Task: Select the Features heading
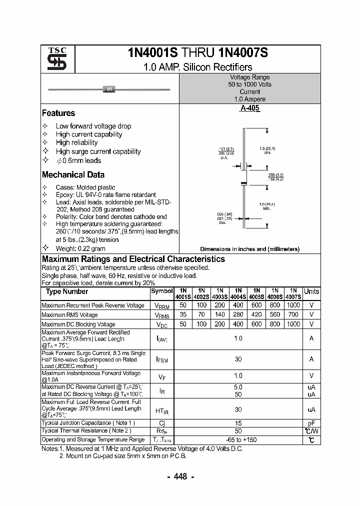tap(58, 113)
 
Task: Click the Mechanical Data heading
tap(73, 175)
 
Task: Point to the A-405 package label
tap(249, 108)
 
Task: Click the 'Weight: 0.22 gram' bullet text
tap(80, 248)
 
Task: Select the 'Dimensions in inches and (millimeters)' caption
tap(249, 249)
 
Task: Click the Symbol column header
tap(161, 291)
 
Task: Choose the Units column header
tap(311, 291)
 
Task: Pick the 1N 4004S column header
tap(238, 293)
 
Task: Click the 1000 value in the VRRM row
tap(293, 305)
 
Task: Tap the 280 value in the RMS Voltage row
tap(238, 314)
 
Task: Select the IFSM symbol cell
tap(162, 359)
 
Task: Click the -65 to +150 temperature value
tap(238, 439)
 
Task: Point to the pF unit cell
tap(311, 422)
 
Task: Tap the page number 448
tap(180, 476)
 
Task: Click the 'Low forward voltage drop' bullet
tap(93, 126)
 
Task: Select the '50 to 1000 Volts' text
tap(249, 84)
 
